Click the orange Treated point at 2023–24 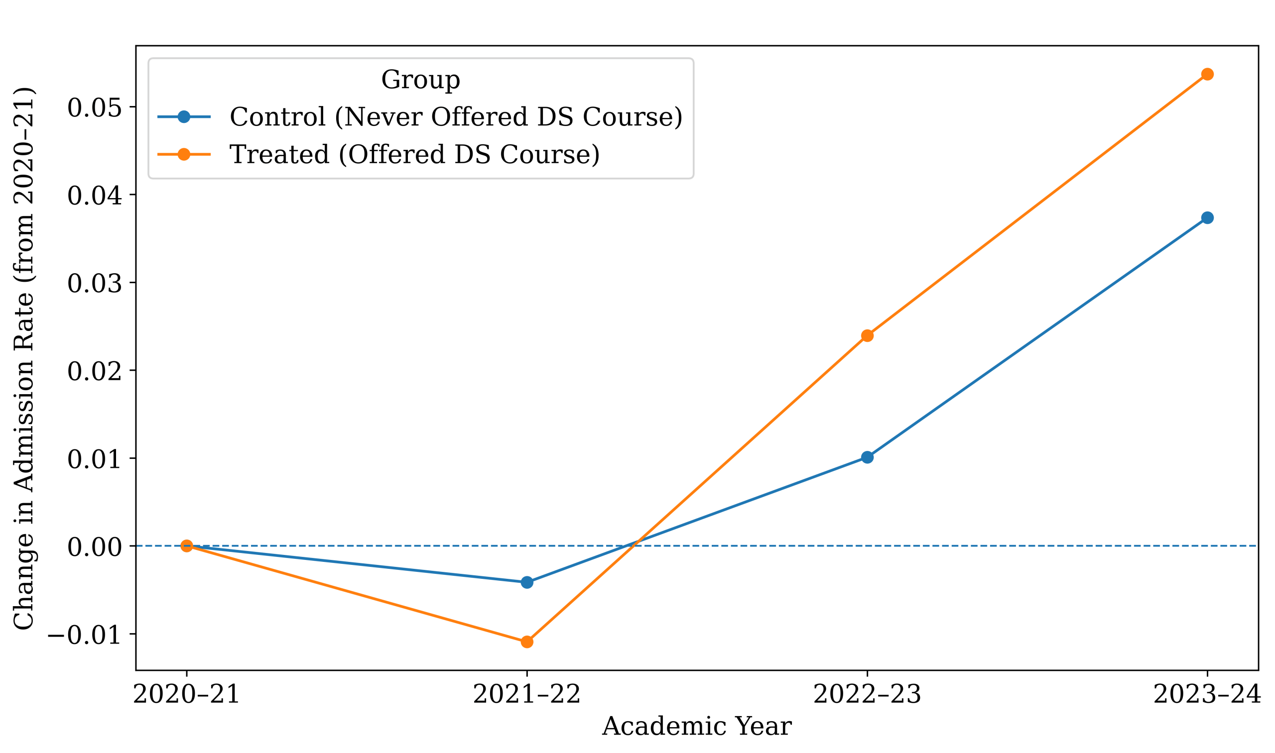(1207, 75)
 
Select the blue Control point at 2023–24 (1207, 217)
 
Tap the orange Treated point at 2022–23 (867, 335)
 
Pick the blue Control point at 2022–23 (867, 457)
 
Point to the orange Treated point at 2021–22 (527, 642)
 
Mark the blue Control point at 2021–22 (527, 582)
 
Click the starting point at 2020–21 (186, 546)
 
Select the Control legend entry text (456, 117)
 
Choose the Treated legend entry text (414, 154)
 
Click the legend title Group (420, 80)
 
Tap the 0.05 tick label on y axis (95, 108)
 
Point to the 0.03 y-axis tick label (95, 283)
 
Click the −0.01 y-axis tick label (85, 635)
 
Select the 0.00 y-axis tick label (95, 547)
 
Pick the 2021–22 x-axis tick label (527, 694)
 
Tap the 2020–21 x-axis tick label (186, 694)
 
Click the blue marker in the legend (184, 117)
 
